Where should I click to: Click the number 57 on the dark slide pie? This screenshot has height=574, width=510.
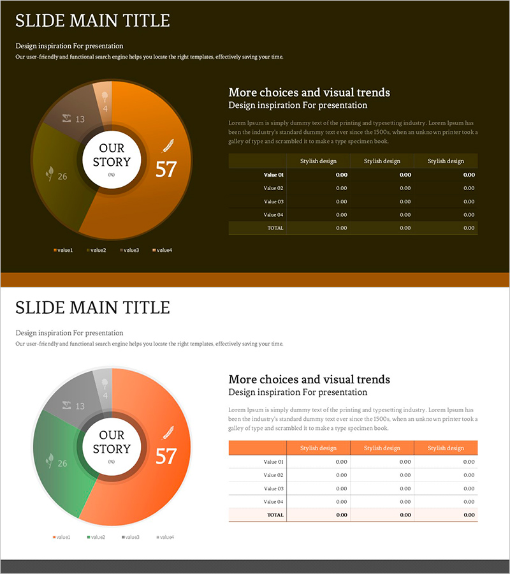[166, 169]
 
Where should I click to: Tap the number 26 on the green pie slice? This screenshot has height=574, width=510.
[62, 463]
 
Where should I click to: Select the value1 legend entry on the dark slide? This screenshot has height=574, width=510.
[63, 250]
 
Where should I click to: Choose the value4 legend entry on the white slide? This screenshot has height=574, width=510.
[164, 537]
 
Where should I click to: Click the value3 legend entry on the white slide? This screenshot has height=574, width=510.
[131, 537]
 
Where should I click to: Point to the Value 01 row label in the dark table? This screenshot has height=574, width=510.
[273, 175]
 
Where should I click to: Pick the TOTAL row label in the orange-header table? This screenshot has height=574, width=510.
[275, 515]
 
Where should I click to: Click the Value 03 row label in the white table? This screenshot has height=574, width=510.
[273, 489]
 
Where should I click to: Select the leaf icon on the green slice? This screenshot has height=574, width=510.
[48, 460]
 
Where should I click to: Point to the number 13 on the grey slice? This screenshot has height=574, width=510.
[80, 406]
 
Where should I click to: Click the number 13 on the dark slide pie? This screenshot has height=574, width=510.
[80, 119]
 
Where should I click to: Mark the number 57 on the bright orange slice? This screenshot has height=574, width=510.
[166, 456]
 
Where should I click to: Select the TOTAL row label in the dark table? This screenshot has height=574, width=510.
[275, 228]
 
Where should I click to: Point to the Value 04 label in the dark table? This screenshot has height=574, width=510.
[273, 215]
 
